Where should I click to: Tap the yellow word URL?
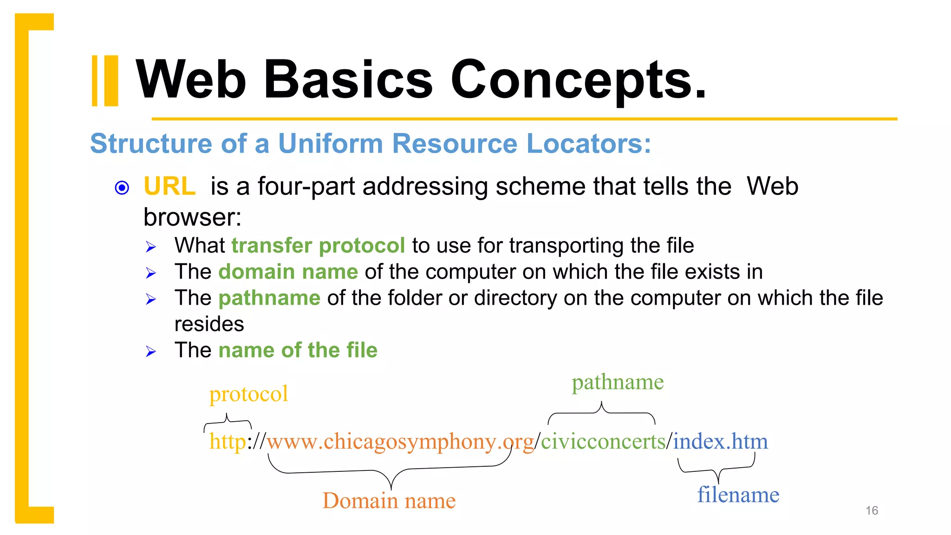point(169,187)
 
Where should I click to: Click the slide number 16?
point(872,510)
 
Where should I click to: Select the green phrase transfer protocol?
point(318,246)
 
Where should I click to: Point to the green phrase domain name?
point(288,272)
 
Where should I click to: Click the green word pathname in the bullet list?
point(269,298)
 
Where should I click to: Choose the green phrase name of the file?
point(298,350)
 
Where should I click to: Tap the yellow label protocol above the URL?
point(248,394)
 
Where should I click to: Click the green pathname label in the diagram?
point(618,382)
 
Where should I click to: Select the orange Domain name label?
point(389,501)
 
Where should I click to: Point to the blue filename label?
point(738,495)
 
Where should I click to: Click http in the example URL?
point(228,441)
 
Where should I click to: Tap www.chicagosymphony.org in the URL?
point(400,441)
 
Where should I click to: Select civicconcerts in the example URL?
point(603,441)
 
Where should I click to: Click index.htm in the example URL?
point(720,441)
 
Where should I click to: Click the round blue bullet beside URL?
point(122,188)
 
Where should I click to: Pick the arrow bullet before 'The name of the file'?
point(150,352)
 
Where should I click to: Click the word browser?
point(192,217)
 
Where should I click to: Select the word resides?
point(209,324)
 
